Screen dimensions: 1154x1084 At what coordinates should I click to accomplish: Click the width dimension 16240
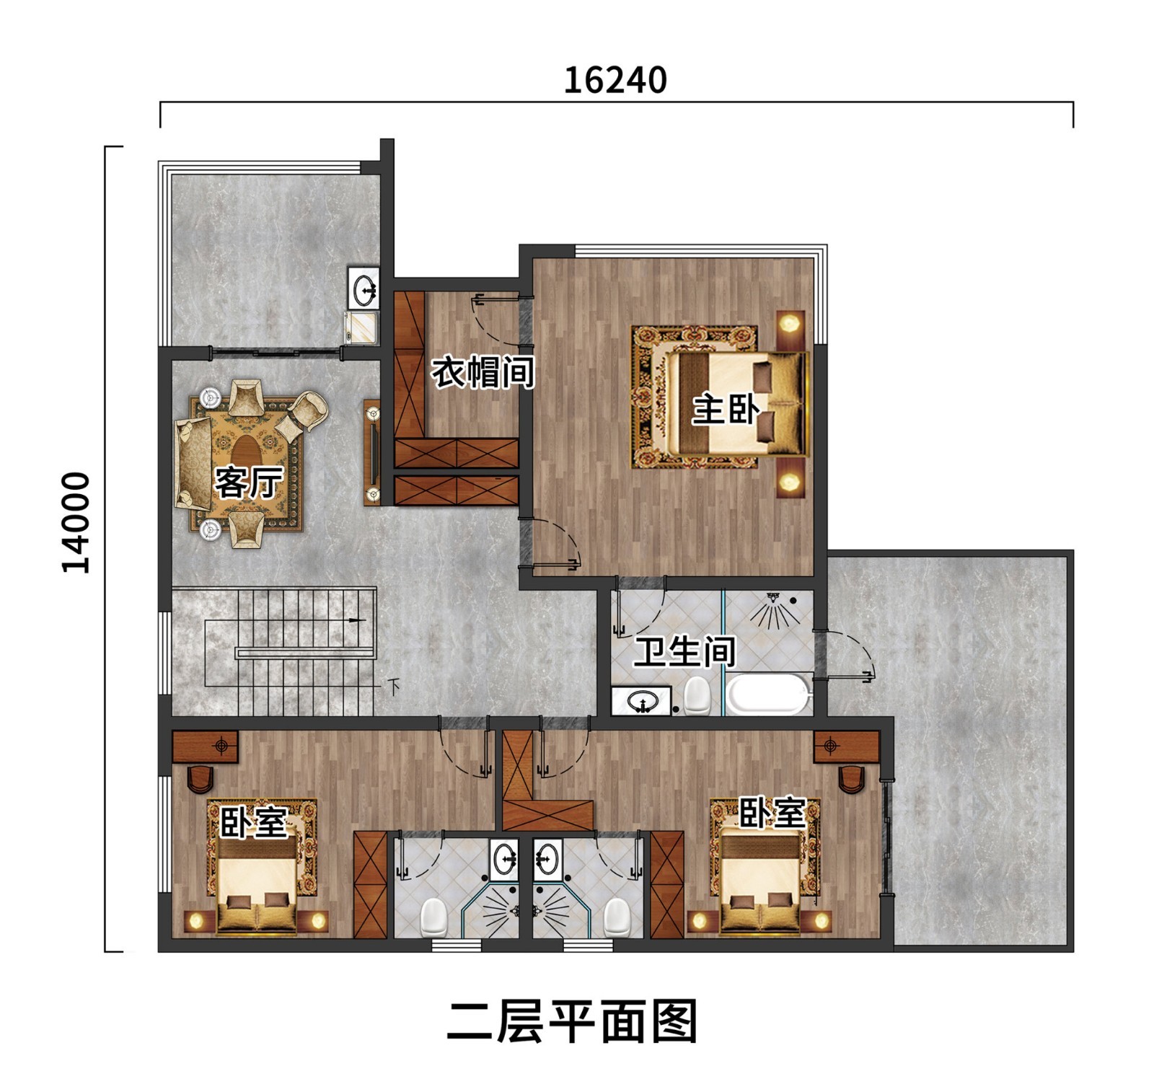click(x=615, y=80)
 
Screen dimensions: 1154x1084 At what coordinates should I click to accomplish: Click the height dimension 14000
click(x=76, y=522)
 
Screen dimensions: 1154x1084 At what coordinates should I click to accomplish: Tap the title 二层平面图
click(x=573, y=1022)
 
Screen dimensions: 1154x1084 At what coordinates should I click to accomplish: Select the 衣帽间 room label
click(x=483, y=372)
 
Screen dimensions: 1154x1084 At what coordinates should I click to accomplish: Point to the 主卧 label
click(x=726, y=409)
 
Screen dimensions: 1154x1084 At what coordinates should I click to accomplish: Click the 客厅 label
click(x=248, y=482)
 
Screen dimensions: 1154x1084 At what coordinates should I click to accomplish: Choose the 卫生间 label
click(x=684, y=651)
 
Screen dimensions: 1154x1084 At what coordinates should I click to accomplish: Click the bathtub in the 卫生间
click(x=767, y=694)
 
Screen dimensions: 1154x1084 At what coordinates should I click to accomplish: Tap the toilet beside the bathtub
click(x=697, y=695)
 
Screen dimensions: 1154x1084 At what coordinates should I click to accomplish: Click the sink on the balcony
click(x=364, y=288)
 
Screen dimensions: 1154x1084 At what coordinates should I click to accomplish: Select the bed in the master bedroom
click(x=736, y=404)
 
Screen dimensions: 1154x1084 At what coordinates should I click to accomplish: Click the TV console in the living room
click(x=372, y=452)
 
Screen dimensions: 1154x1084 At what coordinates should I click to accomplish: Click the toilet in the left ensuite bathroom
click(x=433, y=915)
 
